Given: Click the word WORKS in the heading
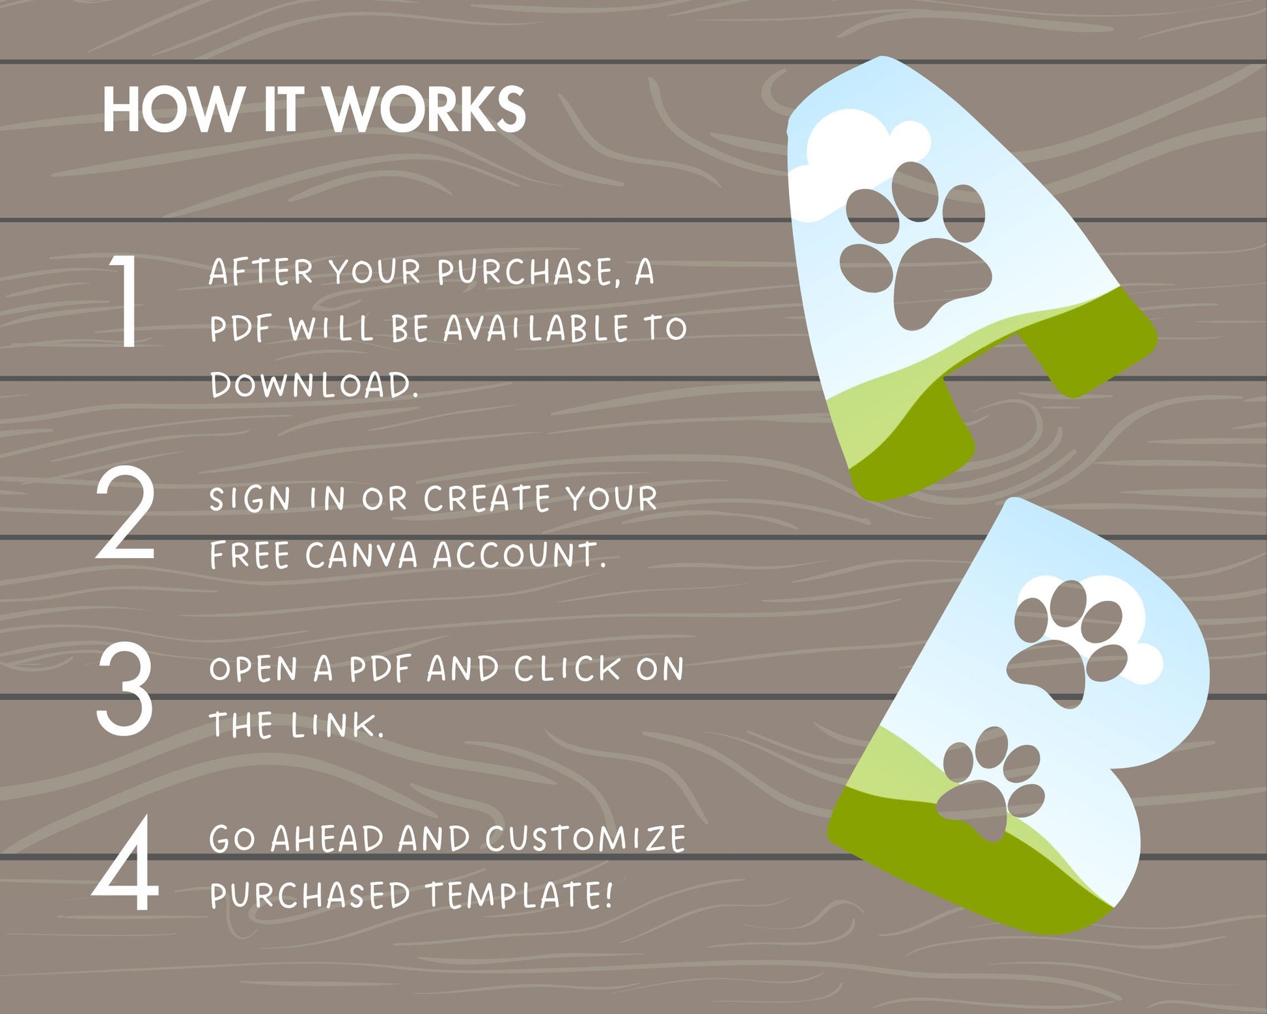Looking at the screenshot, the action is pyautogui.click(x=425, y=109).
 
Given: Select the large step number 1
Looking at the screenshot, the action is pyautogui.click(x=124, y=300).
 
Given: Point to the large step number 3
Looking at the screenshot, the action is pyautogui.click(x=125, y=688).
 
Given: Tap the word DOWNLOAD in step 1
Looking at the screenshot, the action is pyautogui.click(x=314, y=384).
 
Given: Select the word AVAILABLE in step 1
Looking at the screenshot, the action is pyautogui.click(x=536, y=328).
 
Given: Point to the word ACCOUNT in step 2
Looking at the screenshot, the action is pyautogui.click(x=518, y=556).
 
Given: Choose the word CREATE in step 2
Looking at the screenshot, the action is pyautogui.click(x=488, y=499).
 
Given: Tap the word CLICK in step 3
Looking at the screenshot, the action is pyautogui.click(x=568, y=669).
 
